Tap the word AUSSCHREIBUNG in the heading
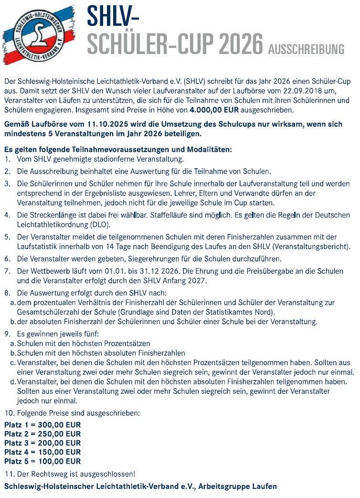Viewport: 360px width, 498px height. pyautogui.click(x=306, y=49)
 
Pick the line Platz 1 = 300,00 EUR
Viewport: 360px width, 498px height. pyautogui.click(x=42, y=425)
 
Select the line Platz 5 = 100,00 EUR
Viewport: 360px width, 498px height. pyautogui.click(x=42, y=461)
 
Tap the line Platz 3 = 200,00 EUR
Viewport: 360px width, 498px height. pyautogui.click(x=42, y=443)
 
